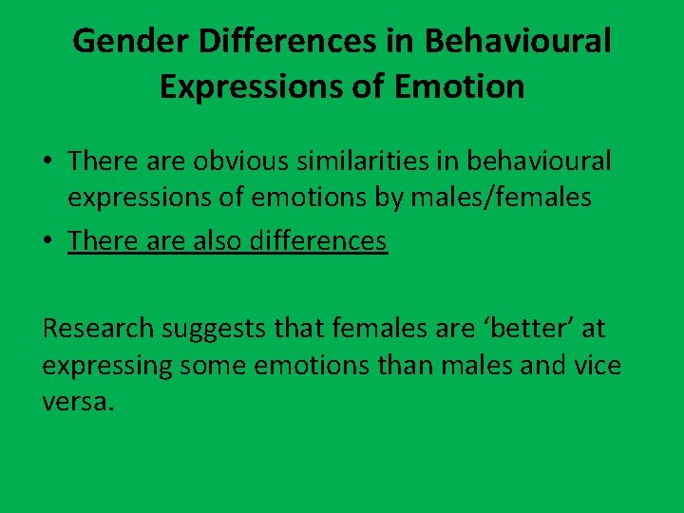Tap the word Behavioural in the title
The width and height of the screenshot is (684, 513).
[x=518, y=41]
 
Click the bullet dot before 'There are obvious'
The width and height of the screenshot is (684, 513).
[x=47, y=162]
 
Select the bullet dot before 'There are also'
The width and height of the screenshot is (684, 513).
[x=47, y=241]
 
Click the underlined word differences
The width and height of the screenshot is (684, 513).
[x=317, y=240]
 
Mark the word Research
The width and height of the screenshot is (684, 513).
[x=98, y=329]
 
